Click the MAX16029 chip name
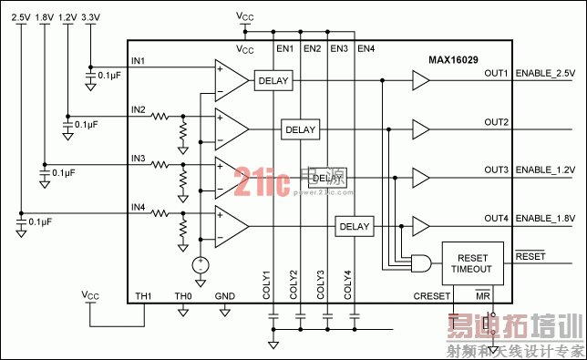tap(456, 60)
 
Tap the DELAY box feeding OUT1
tap(273, 81)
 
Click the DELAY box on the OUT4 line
tap(355, 226)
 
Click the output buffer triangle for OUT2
tap(419, 130)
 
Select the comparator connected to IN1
tap(231, 81)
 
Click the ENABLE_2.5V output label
tap(545, 73)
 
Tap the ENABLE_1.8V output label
tap(545, 219)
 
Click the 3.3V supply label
tap(91, 17)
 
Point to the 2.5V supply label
tap(21, 17)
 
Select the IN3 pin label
tap(138, 159)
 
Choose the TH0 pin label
tap(183, 297)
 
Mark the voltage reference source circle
tap(200, 265)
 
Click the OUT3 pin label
tap(496, 170)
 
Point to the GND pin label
tap(224, 297)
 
